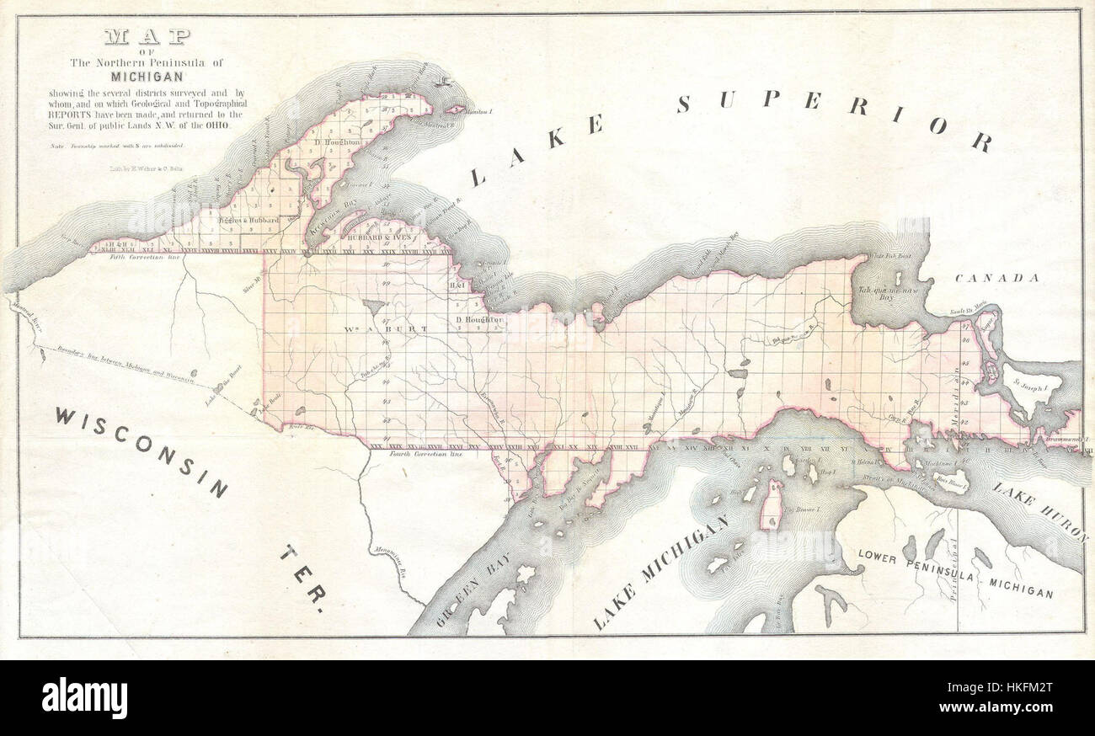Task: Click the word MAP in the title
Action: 147,37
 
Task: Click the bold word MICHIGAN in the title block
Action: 147,76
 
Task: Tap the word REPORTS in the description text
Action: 70,114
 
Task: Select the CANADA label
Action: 996,278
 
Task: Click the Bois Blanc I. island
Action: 952,484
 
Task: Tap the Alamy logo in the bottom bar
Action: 84,698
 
